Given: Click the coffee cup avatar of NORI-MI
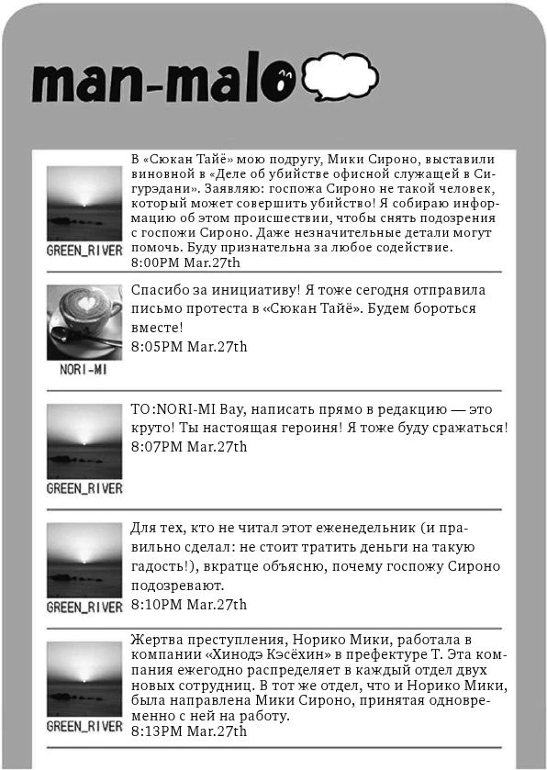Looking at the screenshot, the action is (84, 322).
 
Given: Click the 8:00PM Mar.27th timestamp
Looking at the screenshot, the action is (186, 263).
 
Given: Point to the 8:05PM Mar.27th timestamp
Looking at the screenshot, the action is (189, 346).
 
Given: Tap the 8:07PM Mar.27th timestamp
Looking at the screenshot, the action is (189, 446).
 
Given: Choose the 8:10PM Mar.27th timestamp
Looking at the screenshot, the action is (189, 605).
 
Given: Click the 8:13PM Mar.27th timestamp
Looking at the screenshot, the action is (189, 731).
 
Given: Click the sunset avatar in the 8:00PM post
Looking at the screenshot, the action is (84, 204).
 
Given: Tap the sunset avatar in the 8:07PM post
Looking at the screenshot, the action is (84, 441).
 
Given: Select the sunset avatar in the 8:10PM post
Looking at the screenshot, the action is (84, 561).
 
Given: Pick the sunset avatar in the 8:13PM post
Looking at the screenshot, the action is (84, 679).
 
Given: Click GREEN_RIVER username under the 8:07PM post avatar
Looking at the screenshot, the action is (84, 488).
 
